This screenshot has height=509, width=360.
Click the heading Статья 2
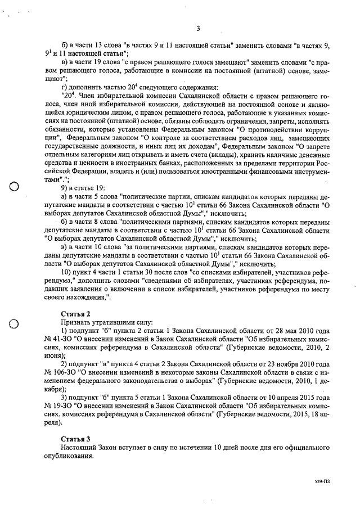pyautogui.click(x=75, y=313)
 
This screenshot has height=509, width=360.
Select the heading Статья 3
pyautogui.click(x=75, y=438)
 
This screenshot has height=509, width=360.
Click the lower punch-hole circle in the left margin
pyautogui.click(x=15, y=323)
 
